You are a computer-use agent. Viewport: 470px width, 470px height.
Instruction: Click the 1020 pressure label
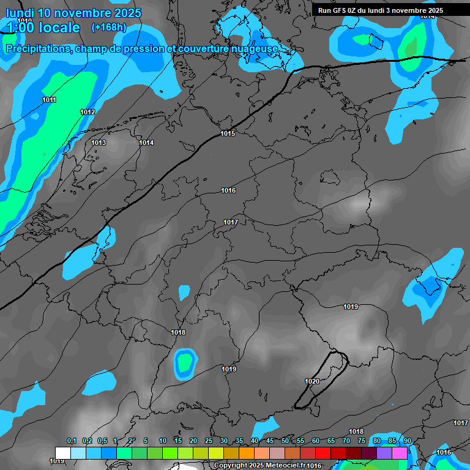coord(312,381)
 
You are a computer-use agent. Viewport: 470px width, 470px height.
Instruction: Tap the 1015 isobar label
coord(228,133)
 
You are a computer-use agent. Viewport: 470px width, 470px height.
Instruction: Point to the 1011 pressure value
coord(50,100)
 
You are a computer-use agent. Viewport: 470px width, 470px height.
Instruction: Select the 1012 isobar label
coord(88,112)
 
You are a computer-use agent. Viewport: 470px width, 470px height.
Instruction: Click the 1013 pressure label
coord(99,143)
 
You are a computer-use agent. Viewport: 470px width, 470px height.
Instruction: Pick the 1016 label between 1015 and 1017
coord(228,191)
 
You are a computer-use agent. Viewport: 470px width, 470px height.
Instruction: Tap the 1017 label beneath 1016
coord(231,222)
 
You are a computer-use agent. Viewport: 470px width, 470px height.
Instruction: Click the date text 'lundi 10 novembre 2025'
coord(73,13)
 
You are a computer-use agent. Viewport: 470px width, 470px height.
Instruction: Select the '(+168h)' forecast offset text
coord(109,27)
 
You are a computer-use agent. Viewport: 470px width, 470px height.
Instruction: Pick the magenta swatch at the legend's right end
coord(400,453)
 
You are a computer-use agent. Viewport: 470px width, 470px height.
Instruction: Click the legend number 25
coord(209,441)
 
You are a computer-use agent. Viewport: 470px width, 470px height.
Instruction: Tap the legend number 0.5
coord(102,441)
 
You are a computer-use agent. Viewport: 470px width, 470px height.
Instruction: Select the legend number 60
coord(316,441)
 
